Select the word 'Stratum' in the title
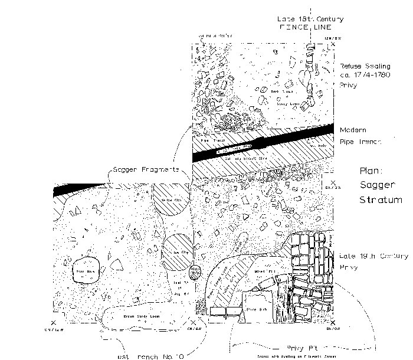pyautogui.click(x=381, y=199)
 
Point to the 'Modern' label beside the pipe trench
pyautogui.click(x=352, y=130)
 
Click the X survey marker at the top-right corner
pyautogui.click(x=333, y=44)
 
